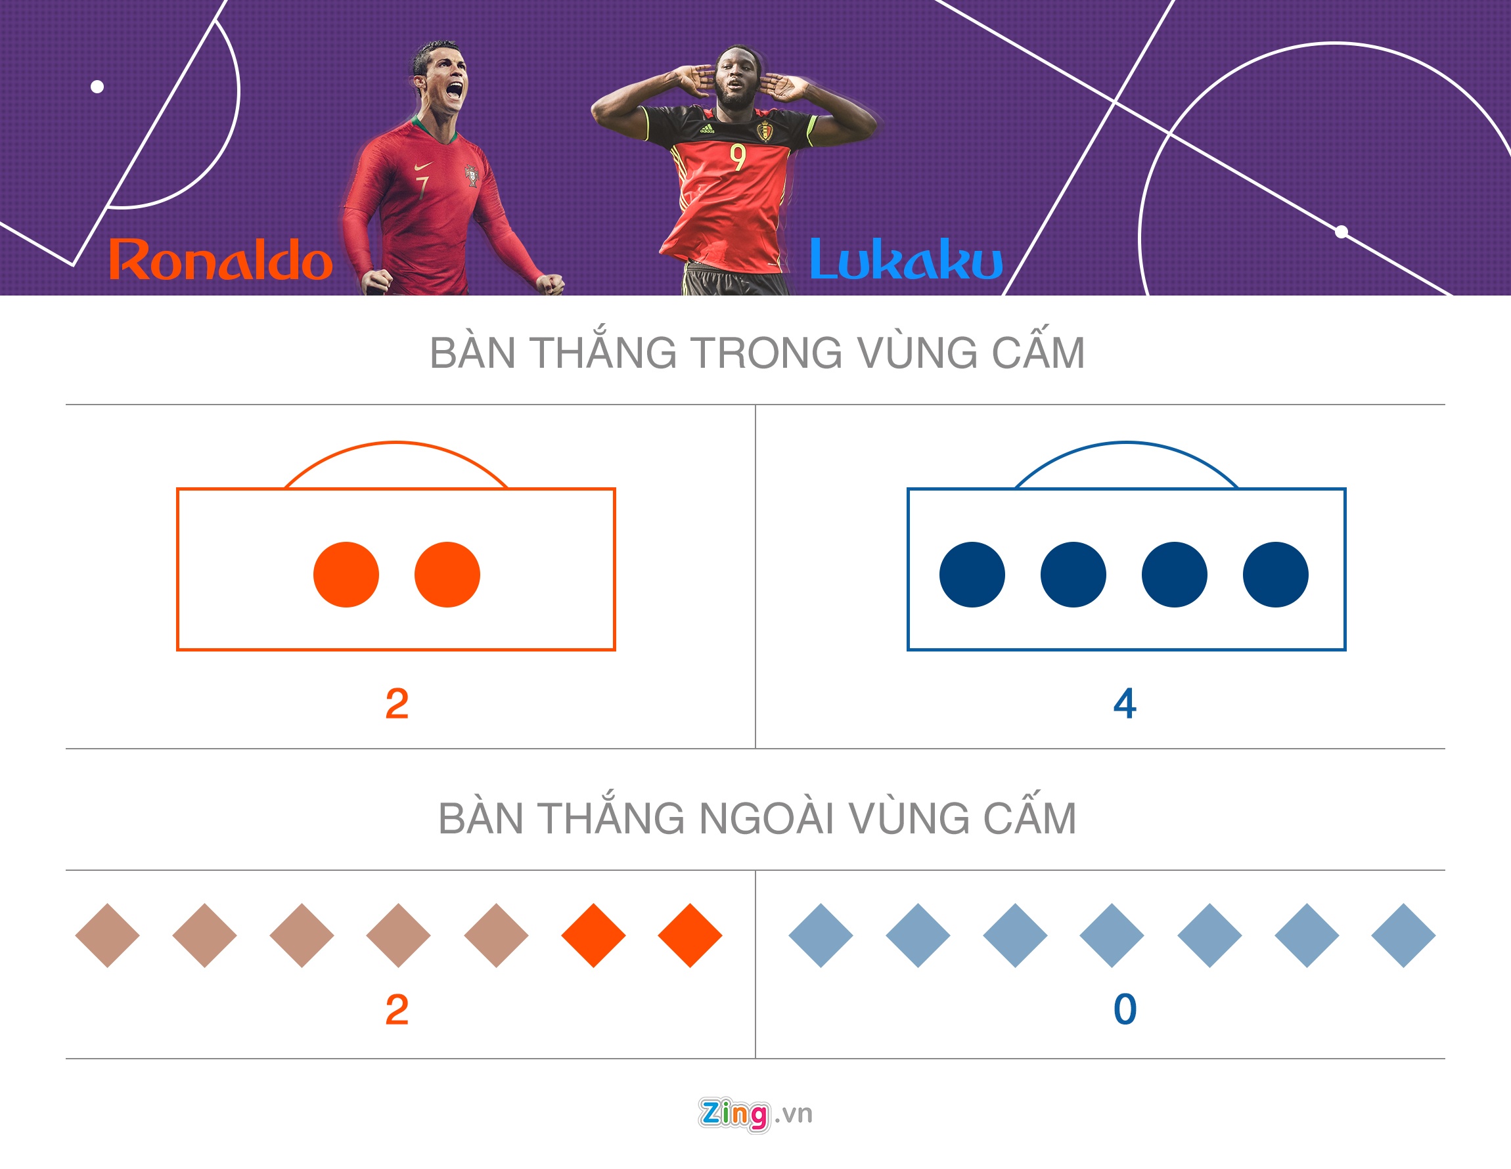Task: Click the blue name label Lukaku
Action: click(906, 259)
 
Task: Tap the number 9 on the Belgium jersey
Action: click(738, 157)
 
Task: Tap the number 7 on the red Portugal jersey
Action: click(421, 187)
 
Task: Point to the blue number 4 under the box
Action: click(1125, 704)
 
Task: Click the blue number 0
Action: click(1125, 1009)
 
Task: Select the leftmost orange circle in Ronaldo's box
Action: click(346, 574)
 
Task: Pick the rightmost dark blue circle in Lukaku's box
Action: click(1275, 574)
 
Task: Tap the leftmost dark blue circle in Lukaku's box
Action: click(972, 574)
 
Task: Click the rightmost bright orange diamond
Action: click(690, 935)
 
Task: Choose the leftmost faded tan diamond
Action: click(107, 935)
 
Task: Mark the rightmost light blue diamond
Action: click(1403, 935)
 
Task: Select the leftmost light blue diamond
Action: click(821, 935)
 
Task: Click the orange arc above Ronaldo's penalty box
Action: click(395, 442)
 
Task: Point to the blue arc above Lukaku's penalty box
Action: click(1126, 442)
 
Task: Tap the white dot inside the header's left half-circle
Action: click(97, 87)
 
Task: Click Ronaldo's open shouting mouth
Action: click(455, 89)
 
